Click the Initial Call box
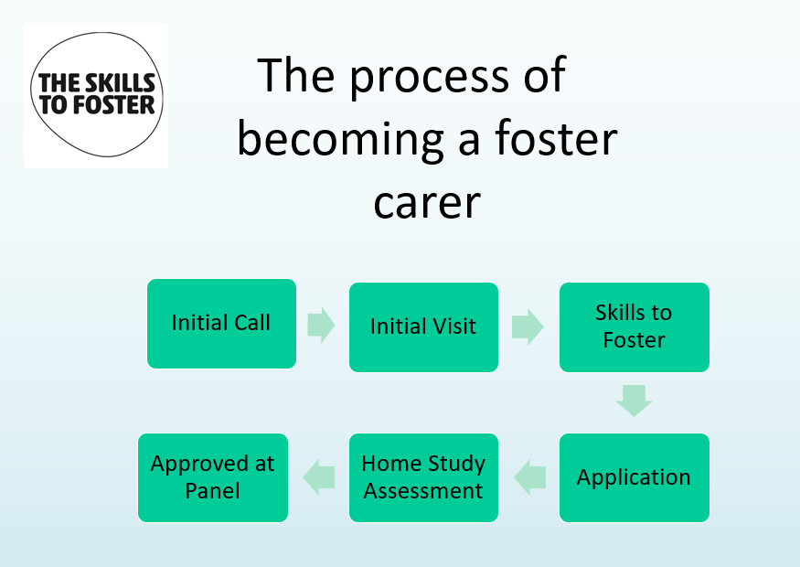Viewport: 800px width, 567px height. pos(221,324)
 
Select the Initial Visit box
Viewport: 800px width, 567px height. pos(423,326)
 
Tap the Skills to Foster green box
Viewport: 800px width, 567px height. pos(634,326)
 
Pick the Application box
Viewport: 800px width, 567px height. pos(634,477)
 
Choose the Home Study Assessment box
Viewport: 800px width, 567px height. pos(423,477)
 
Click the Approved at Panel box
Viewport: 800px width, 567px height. pos(212,477)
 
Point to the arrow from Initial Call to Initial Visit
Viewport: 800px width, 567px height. pos(321,325)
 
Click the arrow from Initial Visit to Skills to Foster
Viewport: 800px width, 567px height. pos(527,326)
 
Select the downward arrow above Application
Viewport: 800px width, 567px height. pos(634,401)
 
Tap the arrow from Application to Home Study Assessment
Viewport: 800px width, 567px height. pos(530,476)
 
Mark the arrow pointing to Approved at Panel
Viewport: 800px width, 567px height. pos(319,476)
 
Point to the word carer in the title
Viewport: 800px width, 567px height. pos(426,201)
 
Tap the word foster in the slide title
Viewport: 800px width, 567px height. pos(556,139)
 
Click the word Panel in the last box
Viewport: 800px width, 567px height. pos(212,491)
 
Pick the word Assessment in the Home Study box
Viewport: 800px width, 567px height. pos(423,491)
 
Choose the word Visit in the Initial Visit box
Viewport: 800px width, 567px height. pos(450,326)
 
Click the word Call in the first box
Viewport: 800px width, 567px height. pos(251,323)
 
